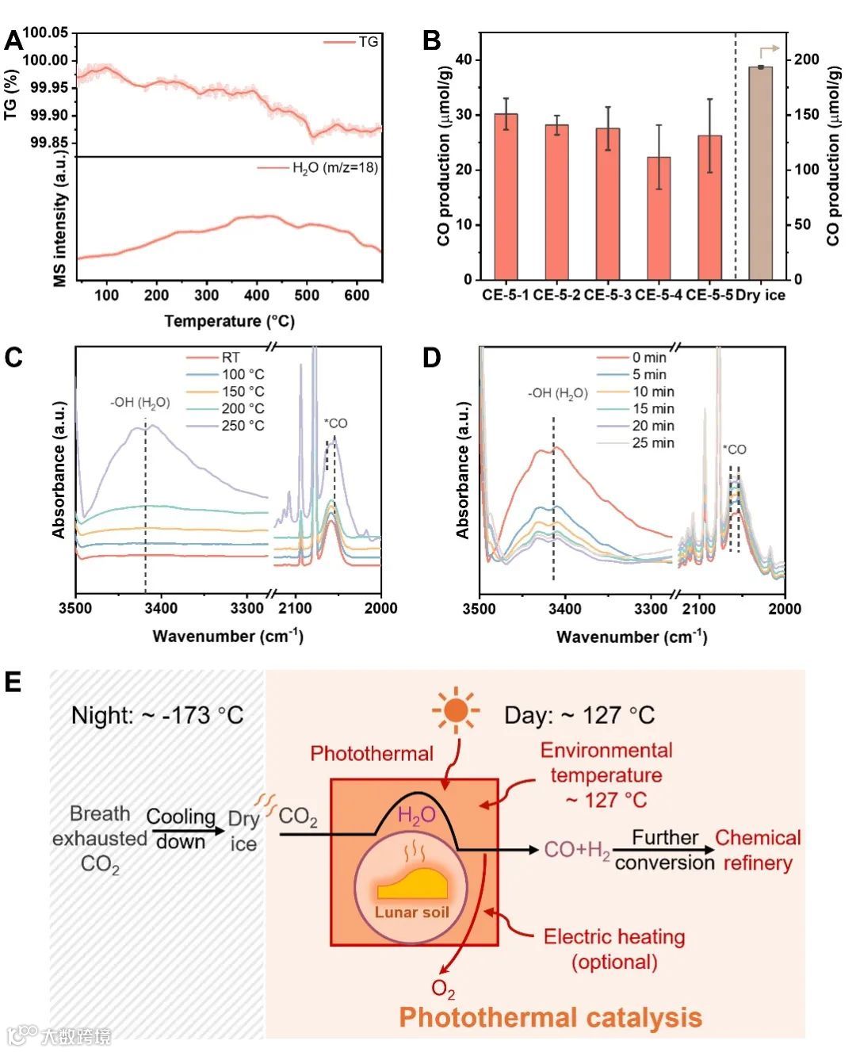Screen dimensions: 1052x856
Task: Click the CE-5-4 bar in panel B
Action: tap(659, 218)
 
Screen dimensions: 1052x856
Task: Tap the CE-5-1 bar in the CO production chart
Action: tap(506, 197)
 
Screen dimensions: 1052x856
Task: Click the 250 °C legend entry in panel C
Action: tap(243, 426)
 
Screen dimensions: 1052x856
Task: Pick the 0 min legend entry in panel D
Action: tap(649, 358)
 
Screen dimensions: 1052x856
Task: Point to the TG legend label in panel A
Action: tap(369, 41)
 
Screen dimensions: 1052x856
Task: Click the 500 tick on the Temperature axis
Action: tap(307, 296)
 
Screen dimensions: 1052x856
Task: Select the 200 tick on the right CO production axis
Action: tap(807, 59)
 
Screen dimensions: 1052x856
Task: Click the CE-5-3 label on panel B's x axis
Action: tap(608, 296)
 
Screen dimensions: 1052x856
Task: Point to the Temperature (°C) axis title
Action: tap(229, 321)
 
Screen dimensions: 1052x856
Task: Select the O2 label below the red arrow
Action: tap(443, 989)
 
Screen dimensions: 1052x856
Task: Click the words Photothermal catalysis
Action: tap(550, 1017)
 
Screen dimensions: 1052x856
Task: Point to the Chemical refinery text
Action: tap(758, 850)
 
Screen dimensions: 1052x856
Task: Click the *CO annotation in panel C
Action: tap(335, 423)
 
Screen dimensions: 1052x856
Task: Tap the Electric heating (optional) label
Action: tap(614, 949)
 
